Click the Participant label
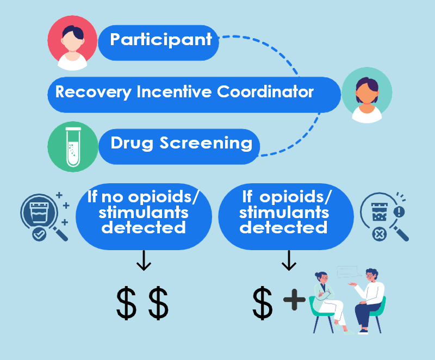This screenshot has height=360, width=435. pos(161,40)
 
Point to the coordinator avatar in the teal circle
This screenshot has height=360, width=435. pos(366,96)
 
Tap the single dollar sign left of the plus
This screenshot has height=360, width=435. pos(263,302)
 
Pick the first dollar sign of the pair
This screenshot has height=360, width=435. pos(127,302)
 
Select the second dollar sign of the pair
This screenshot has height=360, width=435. pos(158,302)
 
